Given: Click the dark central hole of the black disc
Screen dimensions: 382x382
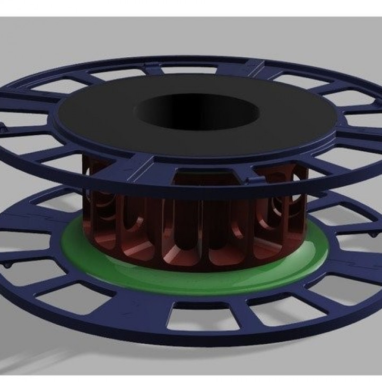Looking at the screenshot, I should pos(196,111).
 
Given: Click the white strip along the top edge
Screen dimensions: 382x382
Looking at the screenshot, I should pos(191,8).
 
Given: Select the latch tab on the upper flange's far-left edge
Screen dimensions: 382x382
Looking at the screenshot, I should pos(3,127).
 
